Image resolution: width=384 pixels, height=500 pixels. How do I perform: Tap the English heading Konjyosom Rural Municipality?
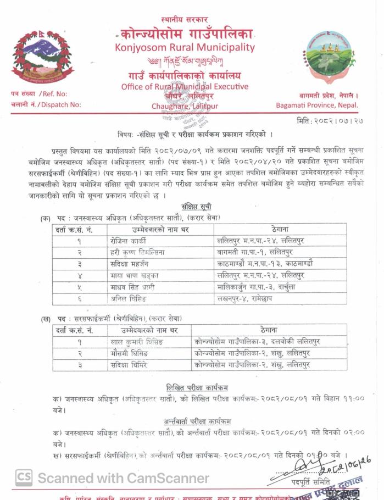click(x=185, y=47)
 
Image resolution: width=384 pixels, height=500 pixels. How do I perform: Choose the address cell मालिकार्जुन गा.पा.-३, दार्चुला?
click(x=257, y=287)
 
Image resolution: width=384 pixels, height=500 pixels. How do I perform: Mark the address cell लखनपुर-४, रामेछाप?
click(x=245, y=299)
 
